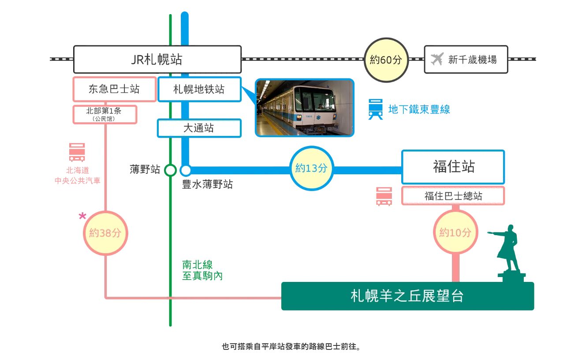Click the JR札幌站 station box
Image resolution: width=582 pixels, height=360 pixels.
(x=157, y=60)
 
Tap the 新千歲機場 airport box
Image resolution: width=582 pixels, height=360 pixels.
(x=466, y=59)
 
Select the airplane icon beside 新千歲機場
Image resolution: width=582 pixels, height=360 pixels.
(x=437, y=59)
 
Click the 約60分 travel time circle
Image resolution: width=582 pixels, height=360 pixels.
(x=386, y=60)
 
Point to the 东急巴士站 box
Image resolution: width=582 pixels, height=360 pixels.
(x=114, y=89)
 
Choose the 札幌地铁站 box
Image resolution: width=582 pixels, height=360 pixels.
(x=199, y=89)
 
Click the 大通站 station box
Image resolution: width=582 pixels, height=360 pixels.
(x=199, y=128)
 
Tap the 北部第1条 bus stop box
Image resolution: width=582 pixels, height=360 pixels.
(x=104, y=114)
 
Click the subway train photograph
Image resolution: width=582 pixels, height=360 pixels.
(x=305, y=108)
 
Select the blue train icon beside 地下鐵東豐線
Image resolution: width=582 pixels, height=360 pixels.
(x=376, y=109)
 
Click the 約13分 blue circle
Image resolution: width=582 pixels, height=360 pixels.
(x=312, y=168)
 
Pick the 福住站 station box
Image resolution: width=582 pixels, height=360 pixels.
(x=453, y=167)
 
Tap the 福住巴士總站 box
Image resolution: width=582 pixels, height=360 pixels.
(x=453, y=196)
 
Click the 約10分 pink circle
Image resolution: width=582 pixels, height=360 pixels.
(x=455, y=232)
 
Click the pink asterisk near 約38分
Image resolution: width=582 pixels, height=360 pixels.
(x=82, y=216)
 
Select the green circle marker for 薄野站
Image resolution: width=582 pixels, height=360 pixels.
(x=170, y=170)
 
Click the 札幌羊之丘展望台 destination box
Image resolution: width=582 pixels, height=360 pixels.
(x=407, y=296)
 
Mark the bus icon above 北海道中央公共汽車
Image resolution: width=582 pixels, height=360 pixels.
(x=77, y=152)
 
